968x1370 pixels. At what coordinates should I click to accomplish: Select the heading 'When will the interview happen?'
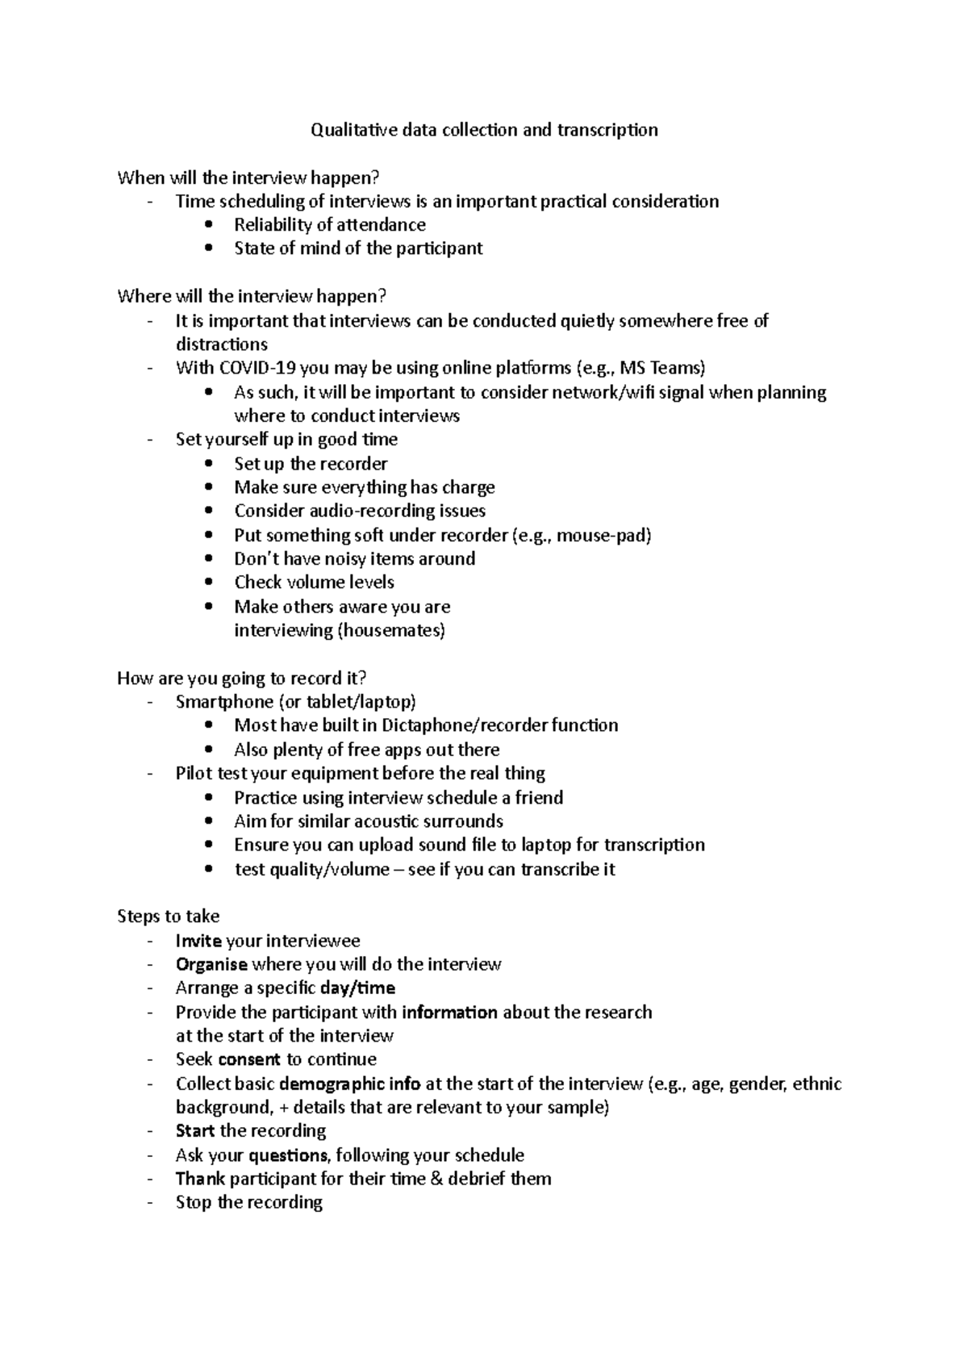(x=248, y=178)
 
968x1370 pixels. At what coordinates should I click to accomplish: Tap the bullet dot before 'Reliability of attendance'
(x=209, y=225)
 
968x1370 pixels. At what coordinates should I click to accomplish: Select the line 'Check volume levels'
(x=314, y=583)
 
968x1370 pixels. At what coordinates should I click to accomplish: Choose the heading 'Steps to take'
(x=168, y=917)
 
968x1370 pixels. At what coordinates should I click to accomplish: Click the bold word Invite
(x=198, y=941)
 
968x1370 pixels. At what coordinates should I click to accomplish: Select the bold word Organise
(x=211, y=965)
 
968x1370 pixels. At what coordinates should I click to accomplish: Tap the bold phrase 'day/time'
(x=357, y=988)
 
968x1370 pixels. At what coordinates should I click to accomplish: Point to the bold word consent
(x=249, y=1059)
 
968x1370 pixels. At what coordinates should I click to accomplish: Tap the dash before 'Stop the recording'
(x=150, y=1203)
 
